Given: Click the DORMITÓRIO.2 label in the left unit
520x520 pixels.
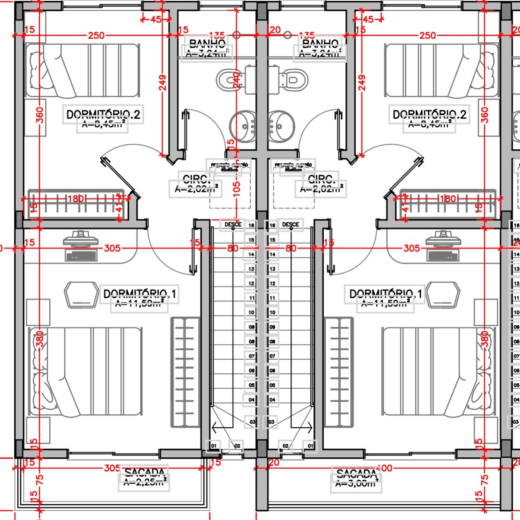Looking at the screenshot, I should tap(103, 115).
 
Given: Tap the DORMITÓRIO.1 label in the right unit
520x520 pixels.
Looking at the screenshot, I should tap(385, 294).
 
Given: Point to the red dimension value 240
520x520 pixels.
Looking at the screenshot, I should tap(237, 82).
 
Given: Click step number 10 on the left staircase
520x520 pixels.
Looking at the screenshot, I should tap(251, 312).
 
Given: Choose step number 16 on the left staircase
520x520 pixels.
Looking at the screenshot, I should tap(251, 225).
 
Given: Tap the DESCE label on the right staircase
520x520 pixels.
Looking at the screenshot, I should tap(291, 225).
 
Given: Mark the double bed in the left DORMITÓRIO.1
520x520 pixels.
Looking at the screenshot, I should tap(85, 371).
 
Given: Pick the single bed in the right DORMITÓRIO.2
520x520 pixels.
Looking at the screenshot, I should tap(442, 71).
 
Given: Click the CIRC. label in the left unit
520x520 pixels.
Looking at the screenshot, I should tap(195, 179).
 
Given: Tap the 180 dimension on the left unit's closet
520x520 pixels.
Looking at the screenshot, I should tap(75, 198).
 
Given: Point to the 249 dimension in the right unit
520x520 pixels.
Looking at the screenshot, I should tap(362, 83).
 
